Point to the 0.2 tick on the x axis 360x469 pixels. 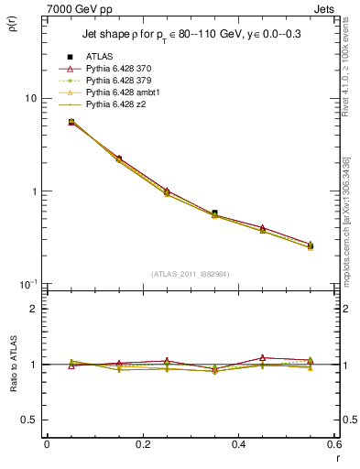click(142, 444)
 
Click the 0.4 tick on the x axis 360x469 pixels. click(238, 444)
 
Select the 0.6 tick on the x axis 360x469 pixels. click(333, 444)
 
